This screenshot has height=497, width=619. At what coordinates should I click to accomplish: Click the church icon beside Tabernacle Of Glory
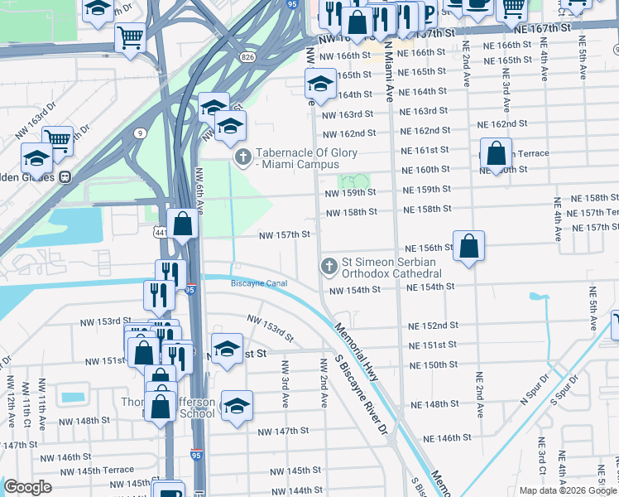[x=243, y=157]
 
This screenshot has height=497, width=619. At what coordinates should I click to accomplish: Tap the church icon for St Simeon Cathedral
[x=329, y=266]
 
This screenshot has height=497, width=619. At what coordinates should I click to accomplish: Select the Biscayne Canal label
[x=258, y=283]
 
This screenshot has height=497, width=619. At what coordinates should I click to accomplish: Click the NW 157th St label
[x=284, y=234]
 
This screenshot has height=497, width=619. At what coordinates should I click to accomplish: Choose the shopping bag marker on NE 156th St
[x=468, y=246]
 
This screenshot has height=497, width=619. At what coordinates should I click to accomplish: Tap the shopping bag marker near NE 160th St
[x=496, y=154]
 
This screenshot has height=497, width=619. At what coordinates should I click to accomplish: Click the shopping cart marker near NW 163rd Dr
[x=57, y=139]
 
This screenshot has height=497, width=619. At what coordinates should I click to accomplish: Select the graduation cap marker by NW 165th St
[x=320, y=84]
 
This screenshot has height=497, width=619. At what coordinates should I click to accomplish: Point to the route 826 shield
[x=248, y=56]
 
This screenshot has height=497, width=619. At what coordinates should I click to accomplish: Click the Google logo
[x=28, y=487]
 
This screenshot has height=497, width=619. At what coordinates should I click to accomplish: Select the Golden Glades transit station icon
[x=64, y=176]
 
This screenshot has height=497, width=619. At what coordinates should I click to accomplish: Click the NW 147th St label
[x=283, y=431]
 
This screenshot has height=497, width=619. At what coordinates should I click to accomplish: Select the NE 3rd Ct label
[x=540, y=467]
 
